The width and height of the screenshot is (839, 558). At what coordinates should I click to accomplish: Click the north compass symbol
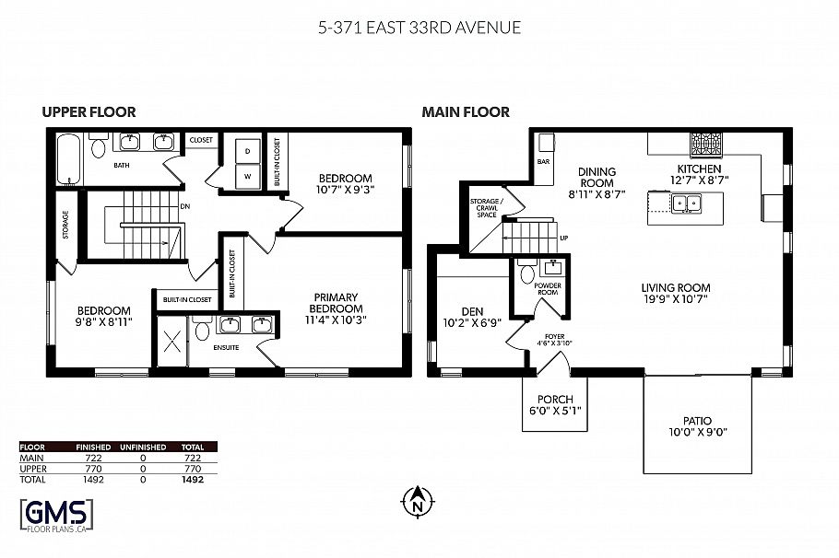pos(417,502)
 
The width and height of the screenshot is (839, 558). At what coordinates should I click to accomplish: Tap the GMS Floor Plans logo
pos(56,513)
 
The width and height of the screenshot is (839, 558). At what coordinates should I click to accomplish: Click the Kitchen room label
pos(699,176)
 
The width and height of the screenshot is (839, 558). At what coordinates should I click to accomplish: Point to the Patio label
pos(697,426)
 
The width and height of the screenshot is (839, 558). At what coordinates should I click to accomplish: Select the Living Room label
pos(676,293)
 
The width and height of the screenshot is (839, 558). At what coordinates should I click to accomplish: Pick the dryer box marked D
pos(247,151)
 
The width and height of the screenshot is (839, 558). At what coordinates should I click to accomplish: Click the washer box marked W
pos(247,175)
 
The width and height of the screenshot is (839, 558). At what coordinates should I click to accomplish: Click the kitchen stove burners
pos(706,144)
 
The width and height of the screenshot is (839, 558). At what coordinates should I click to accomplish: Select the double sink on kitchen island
pos(684,203)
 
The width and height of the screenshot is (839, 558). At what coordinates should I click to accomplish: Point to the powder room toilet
pos(526,273)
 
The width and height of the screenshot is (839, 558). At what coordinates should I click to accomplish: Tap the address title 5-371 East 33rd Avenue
pos(419,27)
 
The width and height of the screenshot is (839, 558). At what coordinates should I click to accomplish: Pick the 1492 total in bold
pos(192,479)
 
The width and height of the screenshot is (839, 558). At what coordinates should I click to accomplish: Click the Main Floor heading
pos(466,112)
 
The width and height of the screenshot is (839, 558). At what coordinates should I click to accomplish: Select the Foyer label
pos(554,340)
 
